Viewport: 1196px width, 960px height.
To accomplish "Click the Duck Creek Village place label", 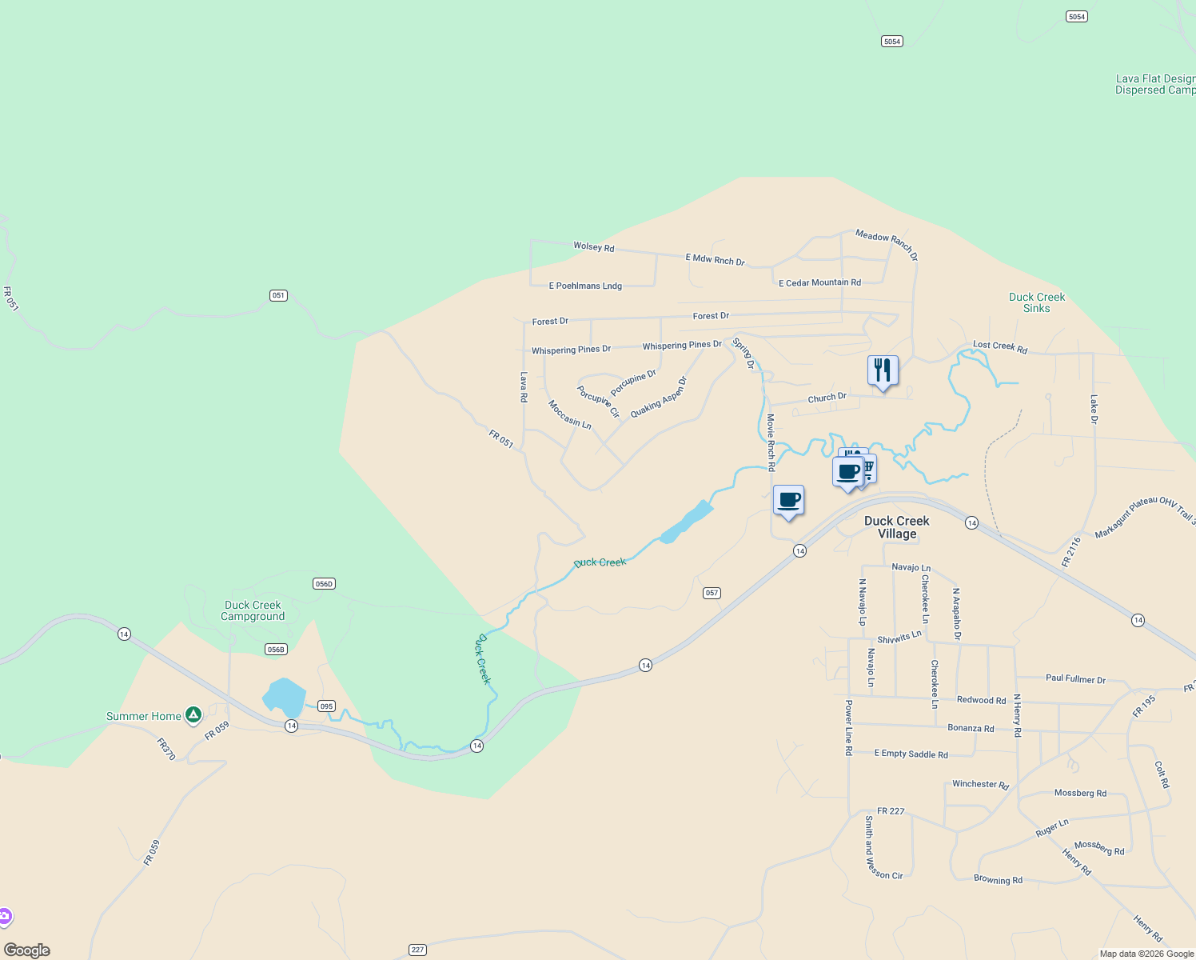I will tap(896, 527).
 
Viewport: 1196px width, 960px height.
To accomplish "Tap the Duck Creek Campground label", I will tap(253, 610).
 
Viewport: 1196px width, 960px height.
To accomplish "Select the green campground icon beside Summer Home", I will tap(193, 715).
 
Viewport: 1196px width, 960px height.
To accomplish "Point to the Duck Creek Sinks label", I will tap(1036, 302).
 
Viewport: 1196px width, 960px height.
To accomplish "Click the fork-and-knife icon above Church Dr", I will tap(883, 370).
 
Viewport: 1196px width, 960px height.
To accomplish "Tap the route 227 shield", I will tap(417, 950).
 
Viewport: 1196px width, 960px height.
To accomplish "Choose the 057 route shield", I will tap(712, 593).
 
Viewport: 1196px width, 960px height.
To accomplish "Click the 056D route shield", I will tap(324, 584).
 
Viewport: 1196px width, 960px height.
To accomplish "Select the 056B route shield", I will tap(276, 650).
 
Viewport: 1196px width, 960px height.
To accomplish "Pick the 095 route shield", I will tap(325, 706).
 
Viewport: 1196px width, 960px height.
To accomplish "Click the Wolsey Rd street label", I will tap(594, 247).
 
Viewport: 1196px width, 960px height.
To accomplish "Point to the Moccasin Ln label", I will tap(569, 414).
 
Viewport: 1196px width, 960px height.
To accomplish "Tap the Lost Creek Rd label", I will tap(999, 346).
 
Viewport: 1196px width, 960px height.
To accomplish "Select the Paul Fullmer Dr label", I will tap(1075, 678).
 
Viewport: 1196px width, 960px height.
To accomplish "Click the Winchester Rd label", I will tap(980, 785).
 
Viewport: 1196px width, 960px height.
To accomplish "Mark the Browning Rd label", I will tap(998, 880).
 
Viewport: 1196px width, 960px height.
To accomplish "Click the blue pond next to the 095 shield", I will tap(284, 697).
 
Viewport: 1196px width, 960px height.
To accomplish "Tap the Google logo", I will tap(27, 950).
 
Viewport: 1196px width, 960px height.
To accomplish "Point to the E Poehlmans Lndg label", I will tap(585, 286).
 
